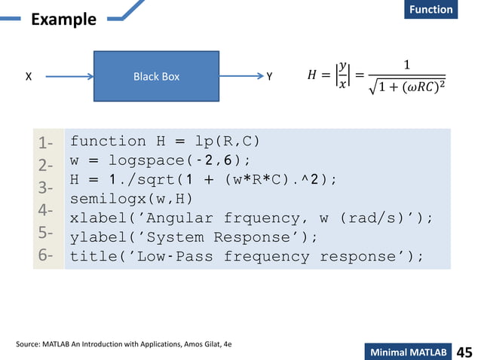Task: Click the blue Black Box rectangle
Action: (x=156, y=76)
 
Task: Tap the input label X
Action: (x=28, y=77)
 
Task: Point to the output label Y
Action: (x=269, y=77)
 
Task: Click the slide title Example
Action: (x=63, y=19)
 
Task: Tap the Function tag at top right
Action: (x=431, y=9)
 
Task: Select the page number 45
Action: (x=464, y=352)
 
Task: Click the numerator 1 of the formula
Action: (x=407, y=64)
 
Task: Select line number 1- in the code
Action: (x=44, y=141)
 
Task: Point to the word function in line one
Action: (x=108, y=141)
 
